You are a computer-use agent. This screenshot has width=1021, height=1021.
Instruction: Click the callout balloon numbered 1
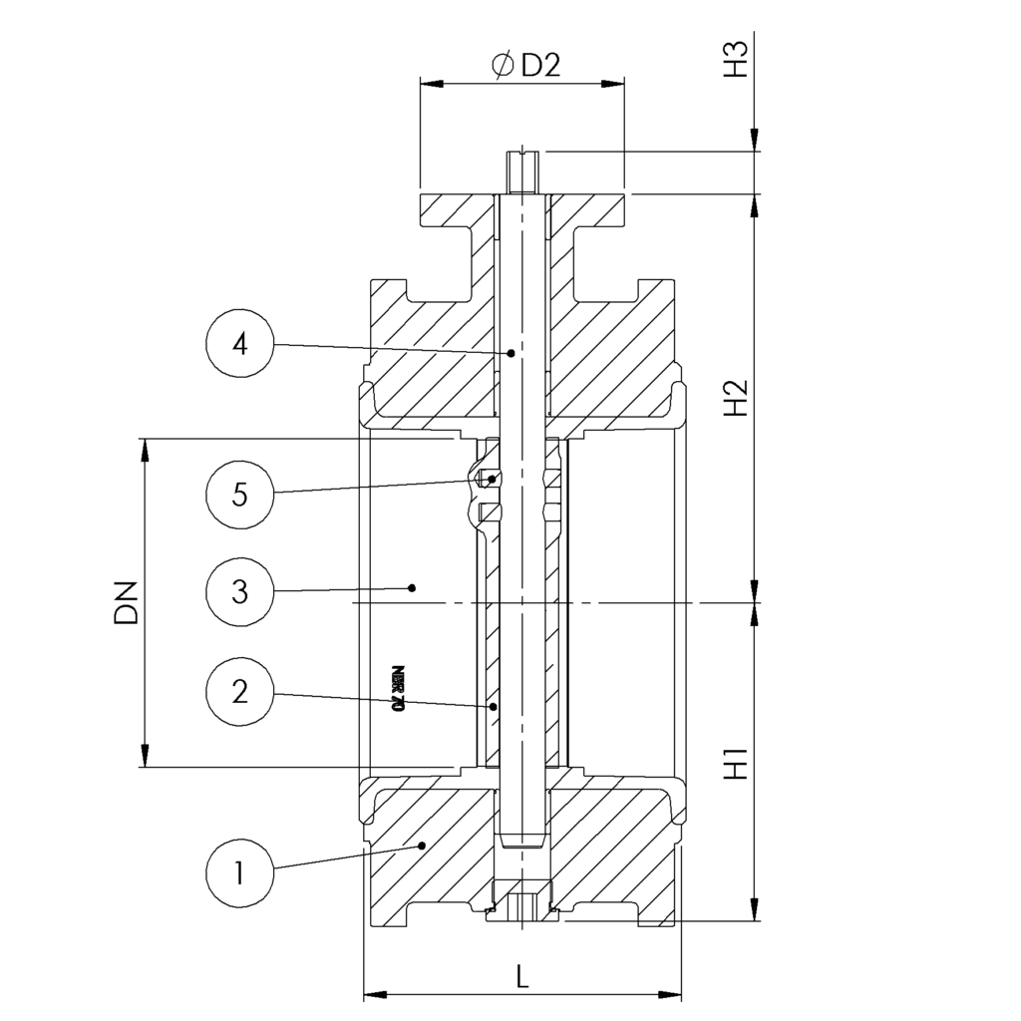coord(239,873)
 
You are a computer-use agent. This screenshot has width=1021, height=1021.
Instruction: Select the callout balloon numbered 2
coord(239,690)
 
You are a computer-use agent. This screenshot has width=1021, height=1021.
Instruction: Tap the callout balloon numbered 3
coord(239,590)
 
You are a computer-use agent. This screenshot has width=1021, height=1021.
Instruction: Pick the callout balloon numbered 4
coord(239,344)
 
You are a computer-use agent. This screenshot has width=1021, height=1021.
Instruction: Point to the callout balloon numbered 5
coord(239,494)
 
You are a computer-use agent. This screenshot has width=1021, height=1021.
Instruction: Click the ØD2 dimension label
coord(526,66)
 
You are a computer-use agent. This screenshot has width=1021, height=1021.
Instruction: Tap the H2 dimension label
coord(736,397)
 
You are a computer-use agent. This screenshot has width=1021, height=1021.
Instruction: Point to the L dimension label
coord(522,977)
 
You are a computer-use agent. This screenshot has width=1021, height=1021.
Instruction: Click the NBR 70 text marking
coord(398,687)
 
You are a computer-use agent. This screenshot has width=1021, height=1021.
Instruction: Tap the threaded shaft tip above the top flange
coord(521,171)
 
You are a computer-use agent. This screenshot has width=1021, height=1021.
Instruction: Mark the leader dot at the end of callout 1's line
coord(423,846)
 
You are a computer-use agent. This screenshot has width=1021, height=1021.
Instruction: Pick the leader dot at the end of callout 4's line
coord(511,352)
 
